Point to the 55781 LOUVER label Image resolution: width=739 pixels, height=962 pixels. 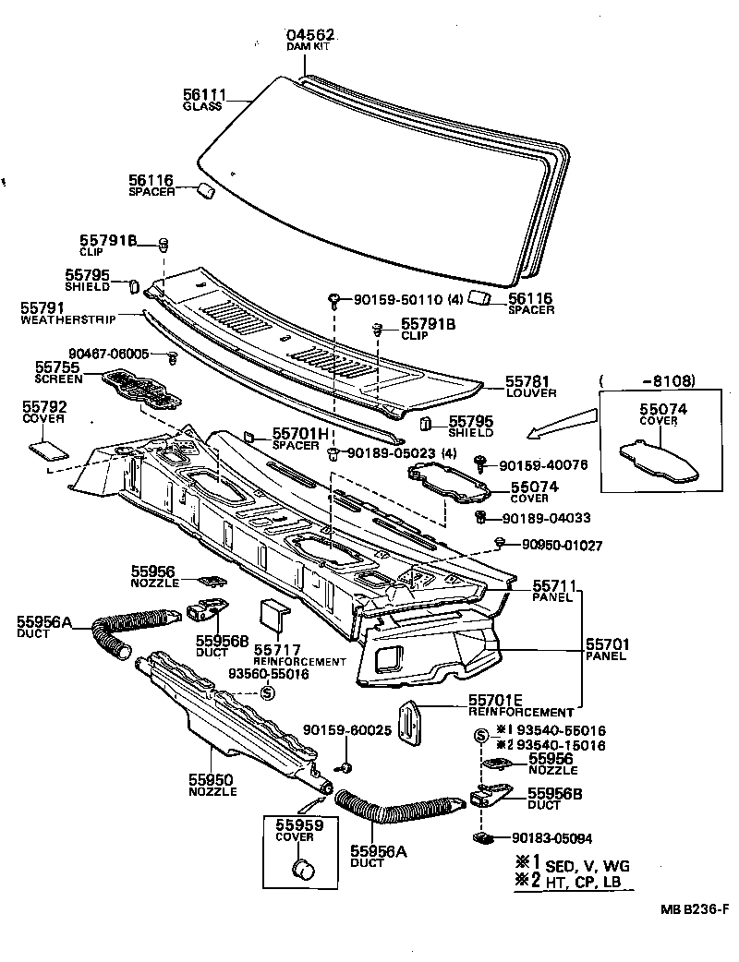pos(530,386)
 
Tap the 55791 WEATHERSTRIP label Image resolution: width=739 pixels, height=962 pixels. pos(57,313)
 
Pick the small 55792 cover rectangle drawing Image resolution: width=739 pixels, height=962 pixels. pos(46,450)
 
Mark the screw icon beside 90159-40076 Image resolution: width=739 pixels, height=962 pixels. pos(481,463)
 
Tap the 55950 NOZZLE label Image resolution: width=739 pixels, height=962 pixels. pos(212,785)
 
